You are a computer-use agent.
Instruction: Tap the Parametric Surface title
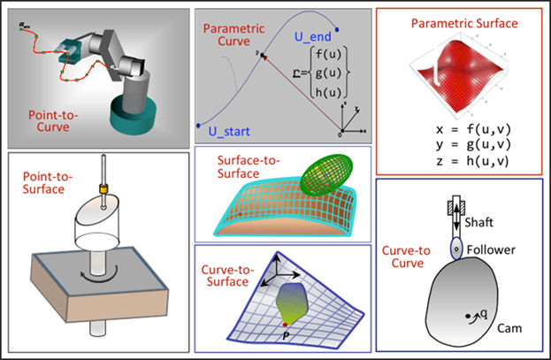click(458, 22)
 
